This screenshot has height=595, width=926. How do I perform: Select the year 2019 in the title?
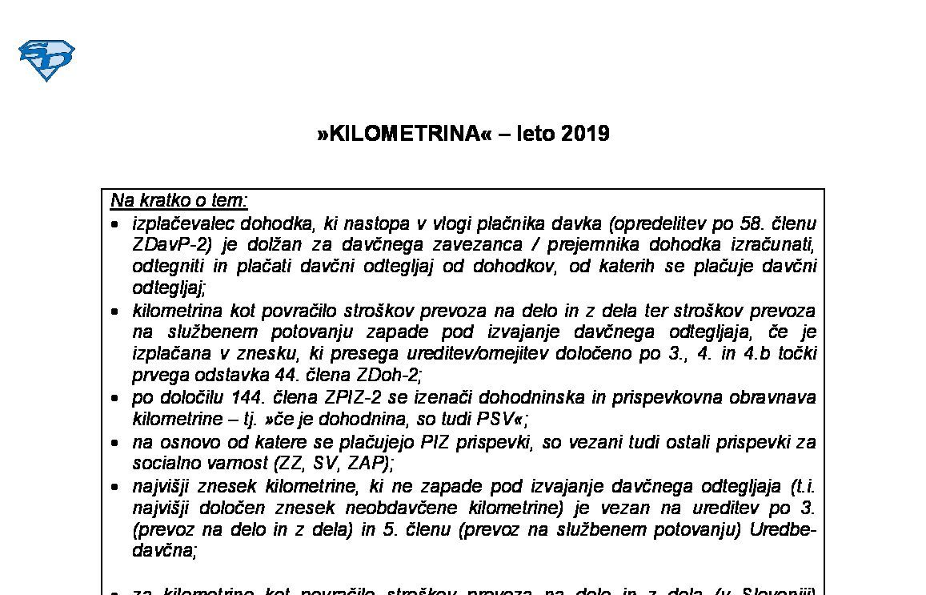(585, 133)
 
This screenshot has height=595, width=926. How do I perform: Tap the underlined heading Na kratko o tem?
(179, 200)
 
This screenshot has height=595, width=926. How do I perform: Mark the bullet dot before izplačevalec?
(116, 224)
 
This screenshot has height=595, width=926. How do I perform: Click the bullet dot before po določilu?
(116, 399)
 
